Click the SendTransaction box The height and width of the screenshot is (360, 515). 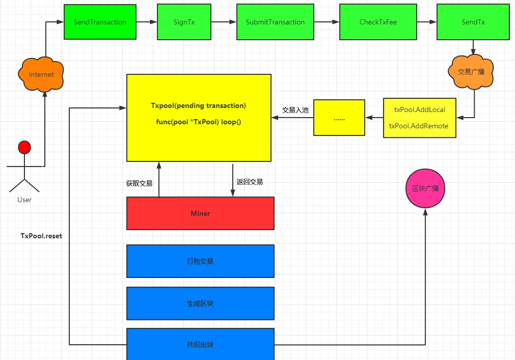100,22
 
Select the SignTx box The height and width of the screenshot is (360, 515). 184,22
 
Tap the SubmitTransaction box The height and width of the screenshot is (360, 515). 275,22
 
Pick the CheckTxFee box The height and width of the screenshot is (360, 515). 378,22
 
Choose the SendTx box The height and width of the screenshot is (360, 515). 473,22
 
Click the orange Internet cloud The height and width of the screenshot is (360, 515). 41,74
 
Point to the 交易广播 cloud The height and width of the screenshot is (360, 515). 471,72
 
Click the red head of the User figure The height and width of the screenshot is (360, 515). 24,148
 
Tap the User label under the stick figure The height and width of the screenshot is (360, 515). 24,200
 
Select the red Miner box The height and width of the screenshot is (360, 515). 200,213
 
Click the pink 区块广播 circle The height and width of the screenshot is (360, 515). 425,188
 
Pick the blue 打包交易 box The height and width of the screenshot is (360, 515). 200,261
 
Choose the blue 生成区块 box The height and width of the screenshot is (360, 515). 200,303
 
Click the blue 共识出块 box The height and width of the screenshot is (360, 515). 200,344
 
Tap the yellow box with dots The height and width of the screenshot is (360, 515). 339,118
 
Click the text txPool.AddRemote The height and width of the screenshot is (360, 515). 419,126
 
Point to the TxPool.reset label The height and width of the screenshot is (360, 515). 41,236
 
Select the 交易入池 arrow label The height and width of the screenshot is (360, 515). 295,110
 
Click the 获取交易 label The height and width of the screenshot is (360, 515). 139,183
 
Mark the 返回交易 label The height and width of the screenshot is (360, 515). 250,182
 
